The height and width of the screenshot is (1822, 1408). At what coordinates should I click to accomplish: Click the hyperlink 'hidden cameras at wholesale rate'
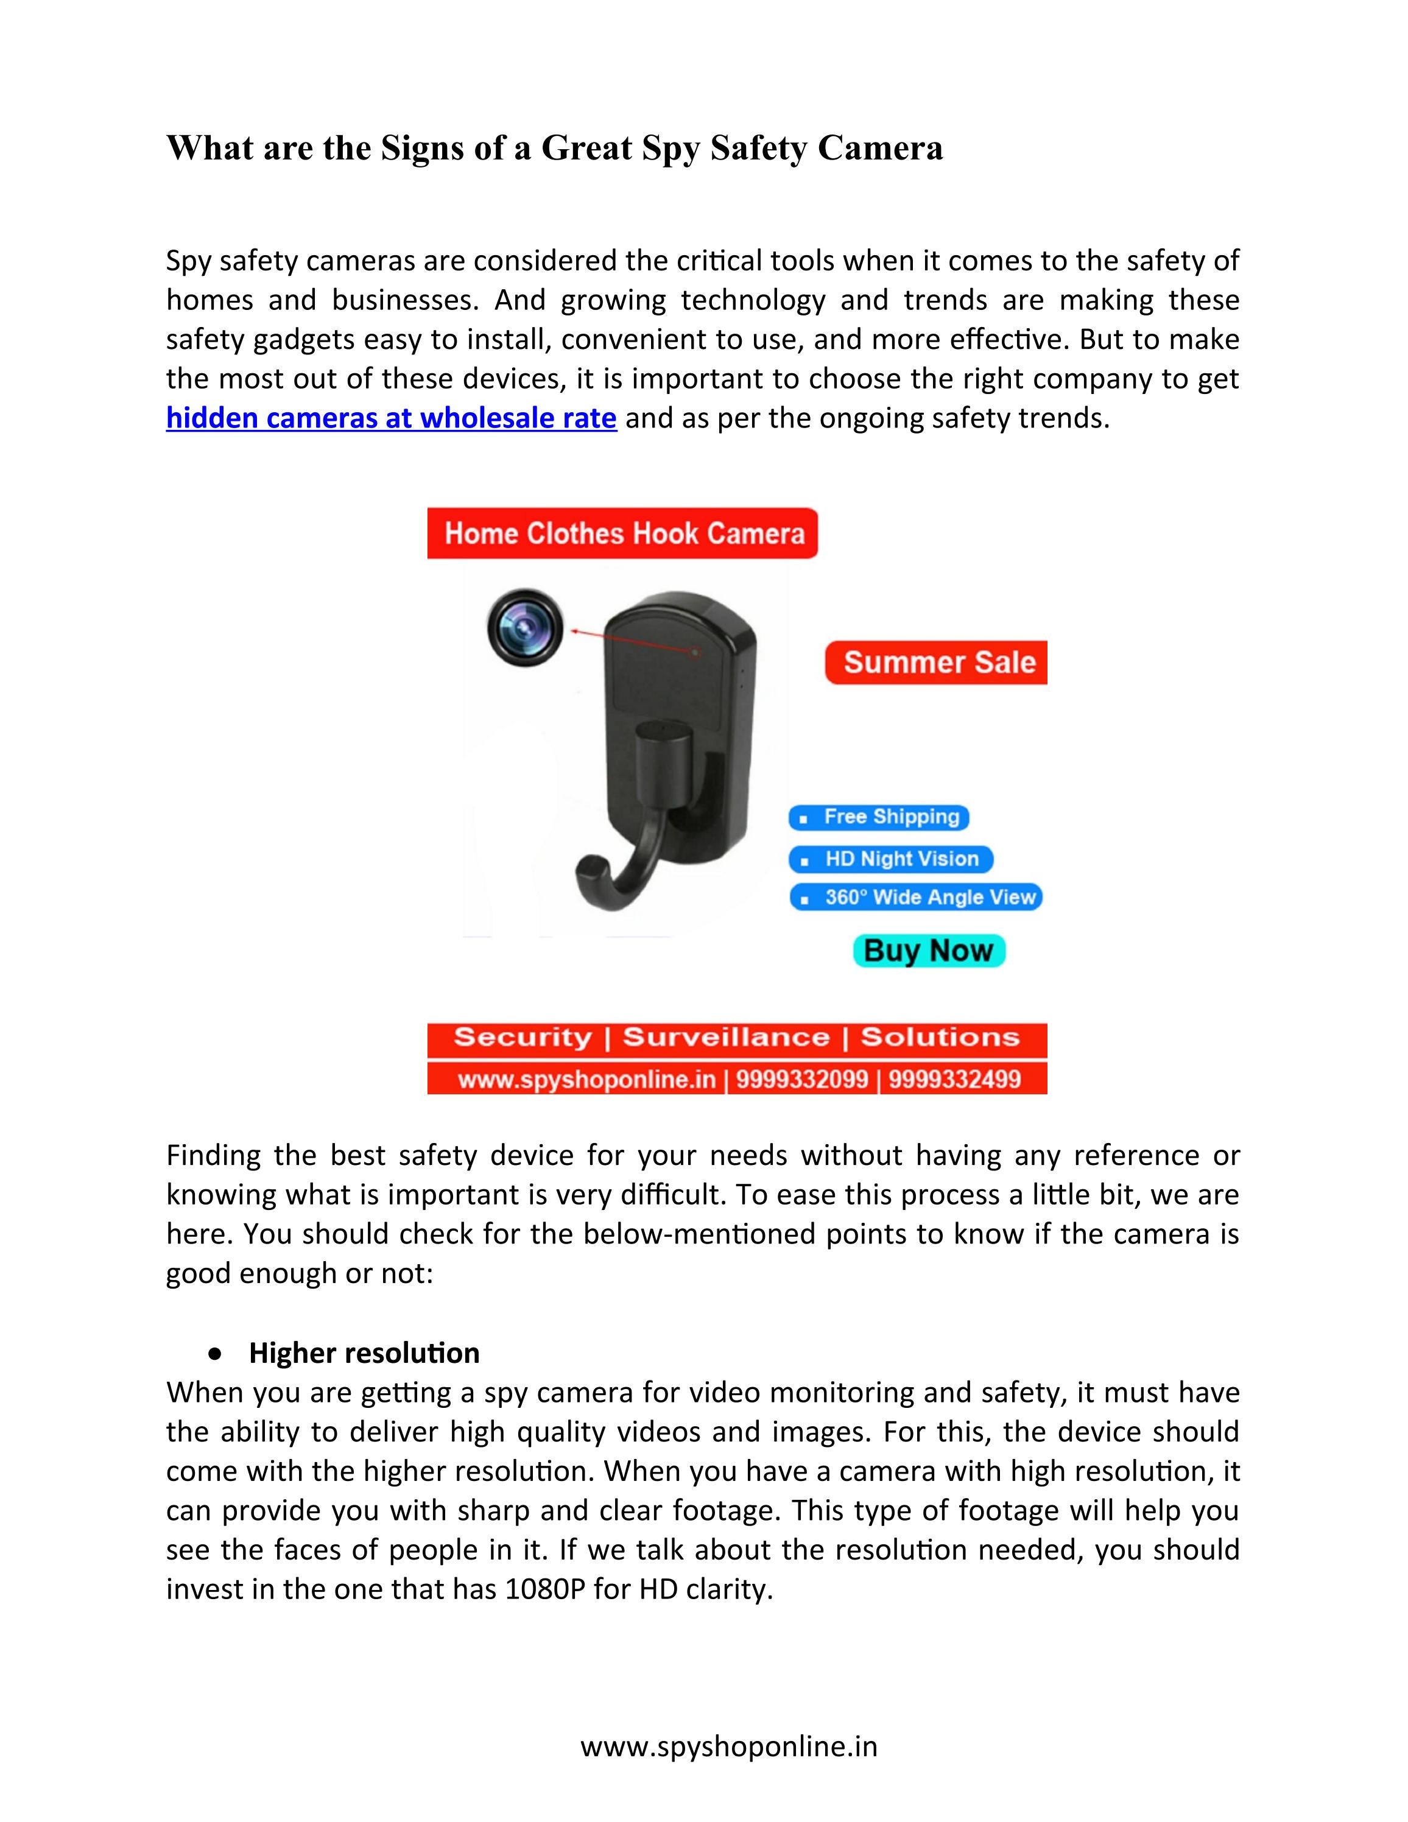click(391, 417)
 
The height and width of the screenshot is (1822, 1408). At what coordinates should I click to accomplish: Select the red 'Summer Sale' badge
click(938, 663)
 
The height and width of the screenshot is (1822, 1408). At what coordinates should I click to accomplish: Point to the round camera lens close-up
click(525, 627)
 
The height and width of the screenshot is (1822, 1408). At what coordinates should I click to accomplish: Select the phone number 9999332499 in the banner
click(954, 1080)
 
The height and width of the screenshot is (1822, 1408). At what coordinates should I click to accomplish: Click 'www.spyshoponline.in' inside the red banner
click(586, 1080)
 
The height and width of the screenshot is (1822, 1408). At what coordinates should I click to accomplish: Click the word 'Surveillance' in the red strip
click(726, 1037)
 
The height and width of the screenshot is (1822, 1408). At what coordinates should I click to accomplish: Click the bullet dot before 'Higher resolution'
click(217, 1354)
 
